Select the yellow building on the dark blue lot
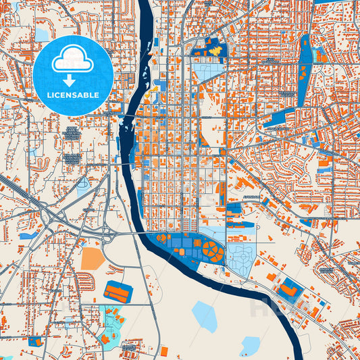pyautogui.click(x=215, y=51)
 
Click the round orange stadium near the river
pyautogui.click(x=214, y=252)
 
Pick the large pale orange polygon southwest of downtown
pyautogui.click(x=93, y=258)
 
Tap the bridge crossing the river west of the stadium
pyautogui.click(x=135, y=233)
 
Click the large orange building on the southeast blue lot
pyautogui.click(x=288, y=290)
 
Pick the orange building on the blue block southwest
pyautogui.click(x=118, y=292)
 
